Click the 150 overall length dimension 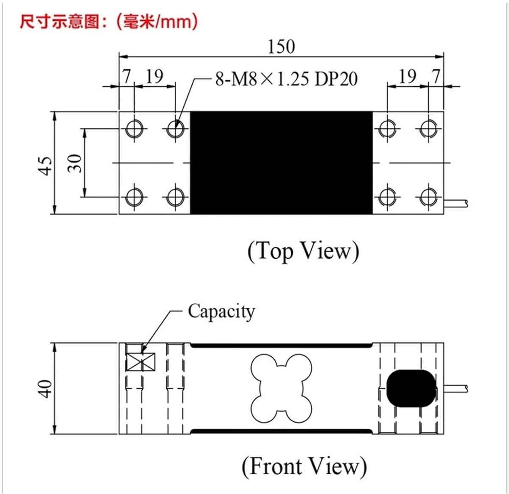point(282,47)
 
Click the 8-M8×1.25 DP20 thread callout point(286,79)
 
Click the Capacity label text point(221,311)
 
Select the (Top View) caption point(303,251)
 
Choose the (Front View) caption point(304,466)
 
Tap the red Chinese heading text point(109,22)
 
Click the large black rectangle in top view point(281,163)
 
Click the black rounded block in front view point(411,388)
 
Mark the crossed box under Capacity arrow point(140,362)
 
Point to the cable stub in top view point(456,203)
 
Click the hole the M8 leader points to point(175,129)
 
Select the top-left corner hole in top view point(134,129)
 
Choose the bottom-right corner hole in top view point(428,197)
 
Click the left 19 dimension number point(154,76)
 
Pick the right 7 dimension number point(436,76)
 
